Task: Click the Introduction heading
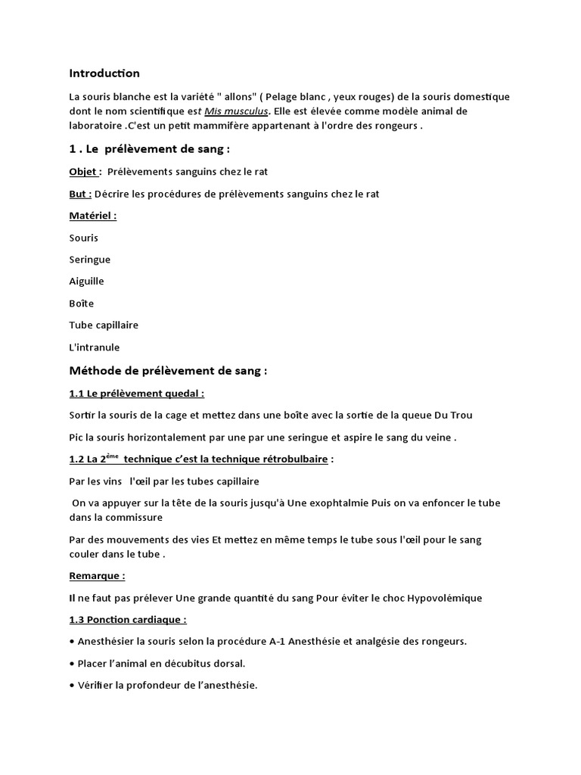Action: [104, 73]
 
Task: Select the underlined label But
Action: [79, 194]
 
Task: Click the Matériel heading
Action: [92, 216]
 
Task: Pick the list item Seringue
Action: [89, 260]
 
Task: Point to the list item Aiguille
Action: [86, 282]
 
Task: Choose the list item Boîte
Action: [82, 303]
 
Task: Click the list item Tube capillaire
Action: [104, 325]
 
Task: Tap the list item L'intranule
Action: [94, 347]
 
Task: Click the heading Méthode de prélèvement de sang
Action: [168, 371]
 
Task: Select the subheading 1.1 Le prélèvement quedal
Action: [136, 394]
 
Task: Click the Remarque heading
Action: [96, 576]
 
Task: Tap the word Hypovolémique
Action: [444, 598]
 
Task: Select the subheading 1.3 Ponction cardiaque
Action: [127, 620]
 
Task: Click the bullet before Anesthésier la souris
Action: [71, 642]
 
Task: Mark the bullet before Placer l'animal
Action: [71, 664]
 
